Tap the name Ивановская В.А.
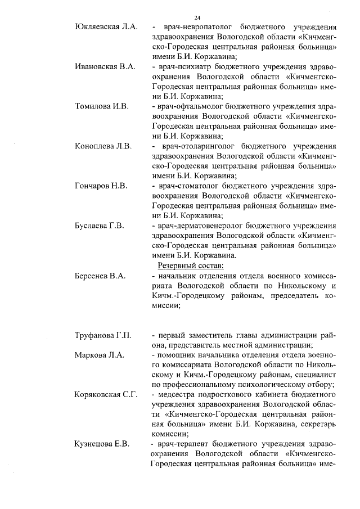pyautogui.click(x=105, y=66)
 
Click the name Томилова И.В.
pyautogui.click(x=102, y=106)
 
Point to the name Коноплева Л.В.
pyautogui.click(x=103, y=146)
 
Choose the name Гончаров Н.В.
pyautogui.click(x=101, y=186)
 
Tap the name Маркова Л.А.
pyautogui.click(x=99, y=355)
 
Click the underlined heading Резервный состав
pyautogui.click(x=191, y=265)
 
